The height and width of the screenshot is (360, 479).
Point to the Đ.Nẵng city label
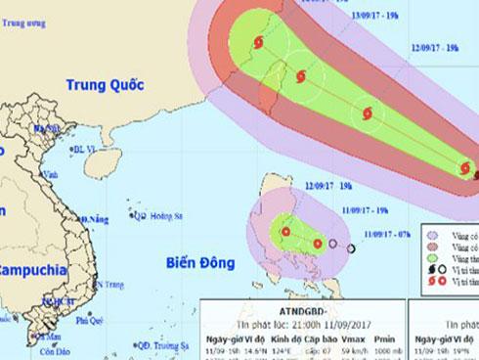93,217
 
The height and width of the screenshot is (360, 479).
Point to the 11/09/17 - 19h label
366,208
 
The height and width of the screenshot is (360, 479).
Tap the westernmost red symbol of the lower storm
284,232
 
